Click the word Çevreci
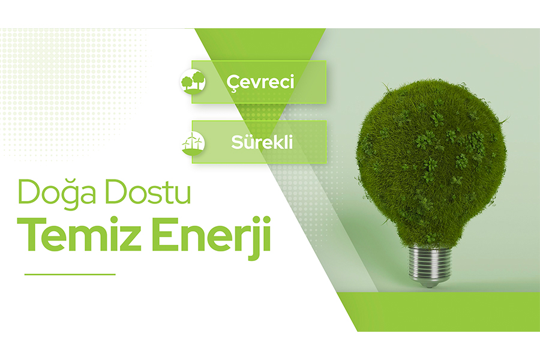coord(260,83)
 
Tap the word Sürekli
coord(262,142)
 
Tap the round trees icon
coord(193,82)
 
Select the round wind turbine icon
coord(193,142)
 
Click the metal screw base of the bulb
coord(430,263)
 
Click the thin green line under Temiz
coord(70,274)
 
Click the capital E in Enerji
coord(164,234)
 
